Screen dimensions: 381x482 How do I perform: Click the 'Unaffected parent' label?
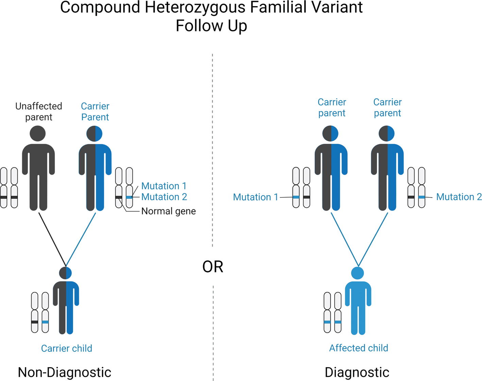click(x=38, y=111)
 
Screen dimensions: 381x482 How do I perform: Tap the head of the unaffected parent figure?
click(x=37, y=134)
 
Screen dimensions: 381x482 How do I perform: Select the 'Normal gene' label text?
click(x=168, y=211)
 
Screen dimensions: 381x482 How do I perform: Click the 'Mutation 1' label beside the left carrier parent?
click(x=164, y=186)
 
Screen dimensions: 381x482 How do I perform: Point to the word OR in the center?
click(x=213, y=267)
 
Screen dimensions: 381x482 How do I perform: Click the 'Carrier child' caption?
click(x=66, y=348)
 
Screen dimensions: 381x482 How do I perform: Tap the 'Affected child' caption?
click(x=359, y=348)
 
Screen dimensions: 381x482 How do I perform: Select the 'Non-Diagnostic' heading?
click(x=64, y=372)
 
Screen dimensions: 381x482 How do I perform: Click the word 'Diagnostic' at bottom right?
click(x=357, y=372)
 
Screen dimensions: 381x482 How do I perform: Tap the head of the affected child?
click(x=358, y=273)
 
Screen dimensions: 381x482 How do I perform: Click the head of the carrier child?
click(x=65, y=273)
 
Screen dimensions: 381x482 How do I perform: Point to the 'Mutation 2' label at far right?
click(x=459, y=197)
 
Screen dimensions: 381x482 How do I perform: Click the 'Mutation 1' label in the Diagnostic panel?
click(x=255, y=197)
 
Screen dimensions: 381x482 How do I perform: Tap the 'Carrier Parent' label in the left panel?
click(x=95, y=111)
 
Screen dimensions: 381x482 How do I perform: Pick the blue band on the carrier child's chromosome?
click(x=45, y=322)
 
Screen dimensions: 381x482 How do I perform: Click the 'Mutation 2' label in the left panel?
click(x=164, y=197)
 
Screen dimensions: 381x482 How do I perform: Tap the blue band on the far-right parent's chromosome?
click(x=422, y=197)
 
